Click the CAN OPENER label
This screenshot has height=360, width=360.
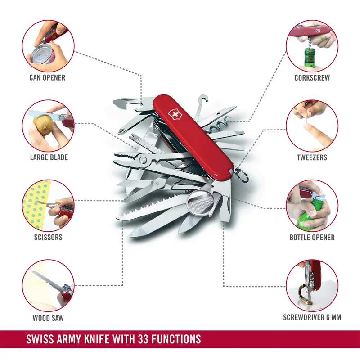(47, 78)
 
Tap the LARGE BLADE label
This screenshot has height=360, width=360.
(49, 157)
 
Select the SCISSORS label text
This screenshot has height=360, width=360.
(47, 237)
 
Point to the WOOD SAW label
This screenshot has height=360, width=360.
(48, 318)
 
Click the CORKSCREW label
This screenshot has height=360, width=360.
(312, 78)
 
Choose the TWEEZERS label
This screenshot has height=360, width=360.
(312, 158)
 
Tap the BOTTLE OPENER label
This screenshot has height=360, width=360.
(312, 237)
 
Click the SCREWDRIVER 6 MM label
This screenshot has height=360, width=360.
(312, 317)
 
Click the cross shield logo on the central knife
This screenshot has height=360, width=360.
(173, 114)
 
